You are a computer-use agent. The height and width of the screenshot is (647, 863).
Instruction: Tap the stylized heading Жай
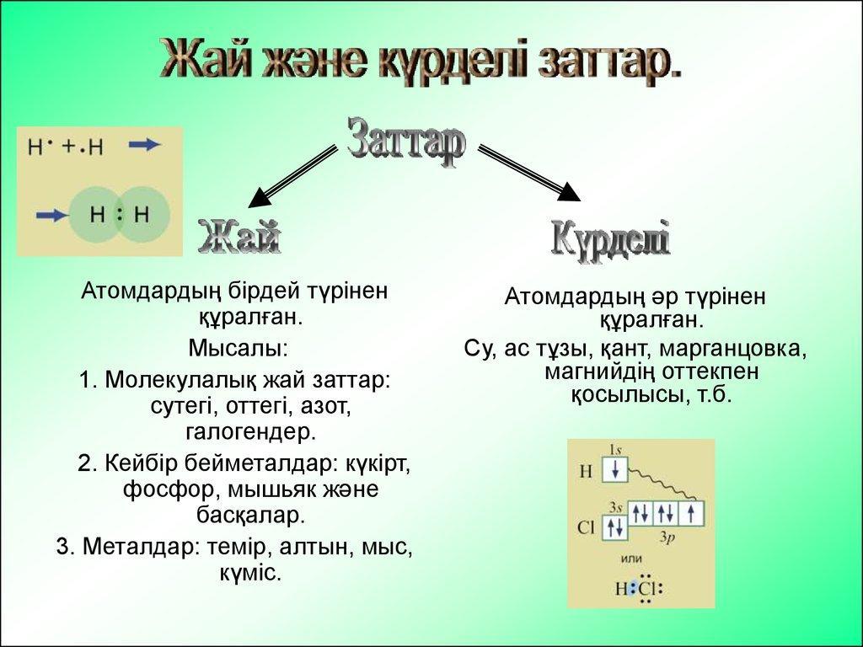coord(239,236)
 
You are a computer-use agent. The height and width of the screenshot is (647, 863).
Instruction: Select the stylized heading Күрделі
coord(611,240)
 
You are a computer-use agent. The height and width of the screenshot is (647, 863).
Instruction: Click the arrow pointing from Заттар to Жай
coord(292,176)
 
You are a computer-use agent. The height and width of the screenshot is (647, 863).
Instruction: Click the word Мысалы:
coord(238,348)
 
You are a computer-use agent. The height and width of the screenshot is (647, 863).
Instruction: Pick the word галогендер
coord(251,432)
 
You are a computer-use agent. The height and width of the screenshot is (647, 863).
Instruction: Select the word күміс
coord(250,573)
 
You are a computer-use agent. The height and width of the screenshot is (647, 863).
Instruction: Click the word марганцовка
coord(732,349)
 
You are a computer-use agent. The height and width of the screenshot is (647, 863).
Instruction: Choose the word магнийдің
coord(599,372)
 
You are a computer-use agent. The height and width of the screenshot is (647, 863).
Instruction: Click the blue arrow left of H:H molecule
coord(53,215)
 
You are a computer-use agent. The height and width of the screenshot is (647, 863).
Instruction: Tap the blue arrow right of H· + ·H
coord(145,145)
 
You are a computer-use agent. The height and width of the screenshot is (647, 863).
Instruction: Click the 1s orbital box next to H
coord(614,469)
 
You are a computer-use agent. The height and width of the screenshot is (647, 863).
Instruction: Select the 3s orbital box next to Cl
coord(614,527)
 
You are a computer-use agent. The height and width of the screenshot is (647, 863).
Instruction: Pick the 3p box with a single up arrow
coord(691,513)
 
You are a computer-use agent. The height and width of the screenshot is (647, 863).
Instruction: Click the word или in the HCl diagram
coord(630,559)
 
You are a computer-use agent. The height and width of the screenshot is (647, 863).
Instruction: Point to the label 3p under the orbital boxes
coord(667,537)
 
